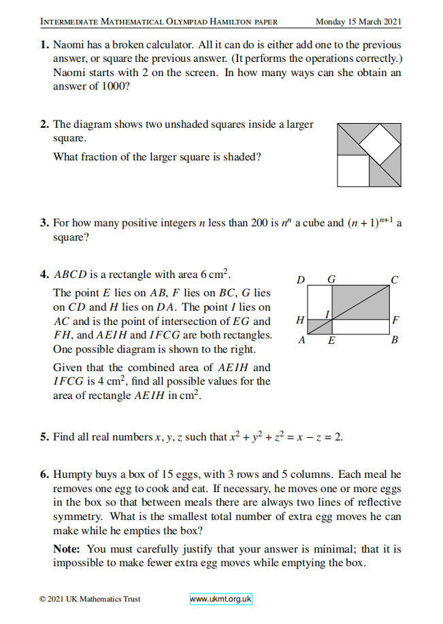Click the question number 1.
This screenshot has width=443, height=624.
44,46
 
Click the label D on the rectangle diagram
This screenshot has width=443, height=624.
301,279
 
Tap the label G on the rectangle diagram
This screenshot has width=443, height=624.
331,279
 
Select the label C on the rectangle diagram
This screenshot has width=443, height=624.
394,279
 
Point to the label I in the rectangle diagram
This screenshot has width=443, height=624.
327,313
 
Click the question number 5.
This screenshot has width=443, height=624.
44,436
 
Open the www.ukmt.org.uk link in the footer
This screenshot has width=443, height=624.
220,599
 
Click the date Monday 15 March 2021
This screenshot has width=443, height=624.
359,21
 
